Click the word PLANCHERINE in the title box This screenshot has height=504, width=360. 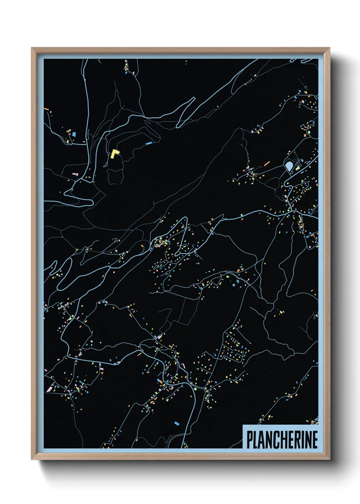[x=282, y=440]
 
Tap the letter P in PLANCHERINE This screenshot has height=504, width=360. [x=250, y=440]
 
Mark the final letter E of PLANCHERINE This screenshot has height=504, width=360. [x=315, y=440]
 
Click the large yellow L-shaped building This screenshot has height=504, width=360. [x=114, y=154]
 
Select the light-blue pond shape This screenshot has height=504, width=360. [x=289, y=166]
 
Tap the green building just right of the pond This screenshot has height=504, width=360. [x=297, y=168]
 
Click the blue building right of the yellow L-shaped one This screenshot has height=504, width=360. [x=148, y=143]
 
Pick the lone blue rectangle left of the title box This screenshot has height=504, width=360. [x=176, y=423]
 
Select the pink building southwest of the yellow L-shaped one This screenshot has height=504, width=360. [x=75, y=174]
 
